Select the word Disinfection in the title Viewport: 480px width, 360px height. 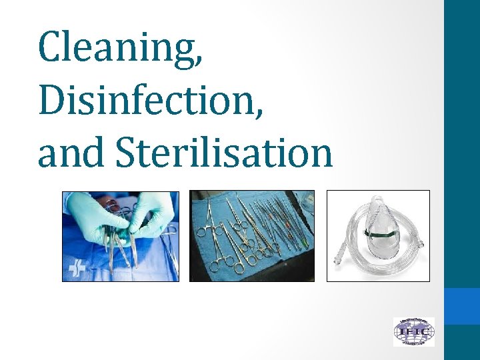145,99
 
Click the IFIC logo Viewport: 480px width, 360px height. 413,331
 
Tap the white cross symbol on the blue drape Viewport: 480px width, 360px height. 75,269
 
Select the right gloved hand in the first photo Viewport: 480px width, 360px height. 153,213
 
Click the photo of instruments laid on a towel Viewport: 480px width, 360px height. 252,235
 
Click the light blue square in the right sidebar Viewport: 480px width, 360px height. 462,306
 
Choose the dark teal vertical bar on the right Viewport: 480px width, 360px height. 462,133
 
